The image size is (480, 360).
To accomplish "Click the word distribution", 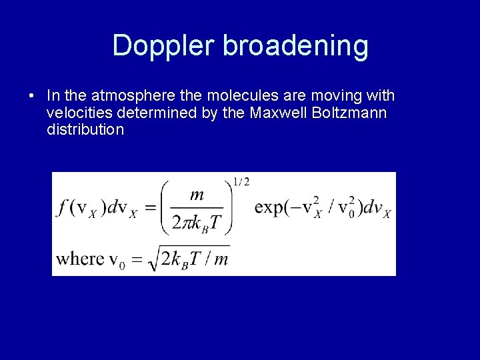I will [85, 129].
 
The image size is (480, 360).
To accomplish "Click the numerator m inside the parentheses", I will [197, 195].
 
